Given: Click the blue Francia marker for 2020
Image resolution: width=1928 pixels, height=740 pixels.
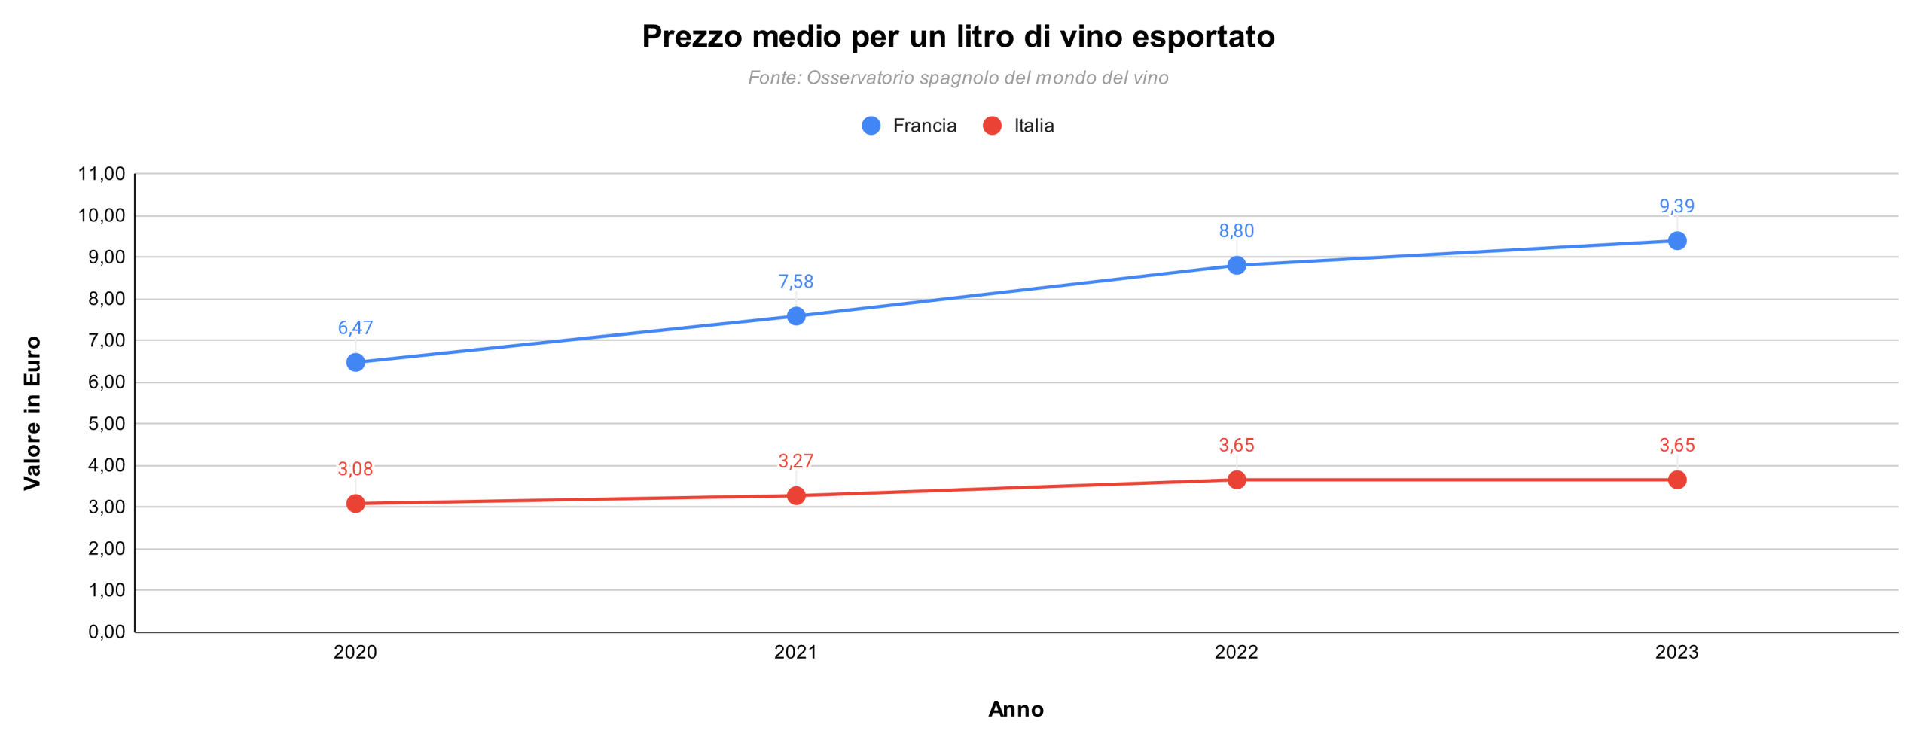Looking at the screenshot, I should [x=355, y=362].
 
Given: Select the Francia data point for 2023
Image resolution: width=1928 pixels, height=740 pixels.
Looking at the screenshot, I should [x=1676, y=241].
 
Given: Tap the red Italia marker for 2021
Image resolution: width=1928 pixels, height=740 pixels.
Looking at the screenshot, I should [x=796, y=495].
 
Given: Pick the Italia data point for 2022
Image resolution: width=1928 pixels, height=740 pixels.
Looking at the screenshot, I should [x=1236, y=480].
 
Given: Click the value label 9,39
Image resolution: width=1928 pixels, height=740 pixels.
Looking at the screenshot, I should [x=1676, y=206].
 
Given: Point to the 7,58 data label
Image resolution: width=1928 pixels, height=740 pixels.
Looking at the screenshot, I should [x=796, y=282].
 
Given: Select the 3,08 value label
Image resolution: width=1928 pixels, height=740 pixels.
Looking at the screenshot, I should [x=355, y=469].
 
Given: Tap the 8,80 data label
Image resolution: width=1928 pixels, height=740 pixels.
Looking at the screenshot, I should [x=1236, y=231].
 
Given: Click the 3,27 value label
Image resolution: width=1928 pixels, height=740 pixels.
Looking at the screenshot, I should [x=796, y=461].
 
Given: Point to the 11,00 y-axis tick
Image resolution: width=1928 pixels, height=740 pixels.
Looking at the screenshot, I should [x=102, y=174].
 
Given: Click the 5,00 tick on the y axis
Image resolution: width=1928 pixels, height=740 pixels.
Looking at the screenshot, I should [x=106, y=424].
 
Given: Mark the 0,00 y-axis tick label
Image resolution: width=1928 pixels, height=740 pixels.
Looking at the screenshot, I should [x=106, y=632].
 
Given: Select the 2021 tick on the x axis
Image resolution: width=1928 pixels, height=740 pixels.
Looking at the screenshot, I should [x=796, y=652].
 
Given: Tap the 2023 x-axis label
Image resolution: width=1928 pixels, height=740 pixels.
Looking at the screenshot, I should [x=1676, y=652].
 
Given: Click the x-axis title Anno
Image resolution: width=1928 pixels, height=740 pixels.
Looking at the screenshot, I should [x=1016, y=709].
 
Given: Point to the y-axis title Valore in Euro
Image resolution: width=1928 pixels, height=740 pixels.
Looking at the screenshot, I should [x=32, y=413].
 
